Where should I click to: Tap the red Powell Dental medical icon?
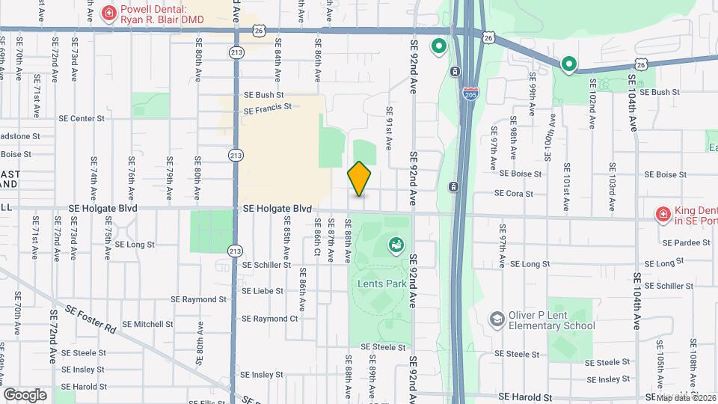tap(108, 12)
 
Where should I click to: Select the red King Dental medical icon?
tap(662, 215)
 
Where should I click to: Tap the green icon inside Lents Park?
tap(395, 245)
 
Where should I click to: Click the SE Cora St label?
tap(513, 194)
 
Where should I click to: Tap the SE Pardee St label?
tap(686, 242)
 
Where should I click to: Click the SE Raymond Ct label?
tap(270, 319)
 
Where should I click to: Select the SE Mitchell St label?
tap(147, 325)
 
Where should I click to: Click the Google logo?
tap(25, 394)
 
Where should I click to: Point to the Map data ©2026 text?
tap(685, 398)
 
